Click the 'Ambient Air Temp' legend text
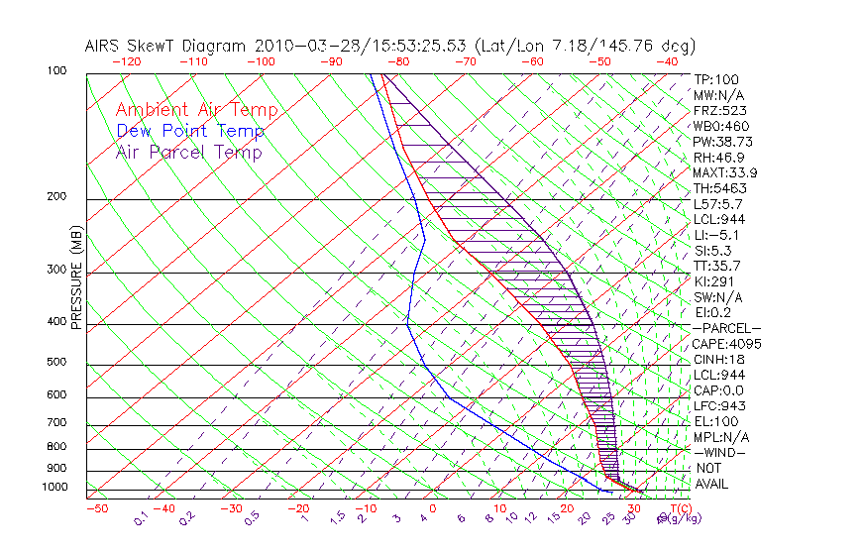196,110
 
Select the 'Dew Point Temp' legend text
190,131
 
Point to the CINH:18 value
719,360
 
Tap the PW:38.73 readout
724,142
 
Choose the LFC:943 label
719,406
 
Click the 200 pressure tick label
57,197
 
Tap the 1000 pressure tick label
54,488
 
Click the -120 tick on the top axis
126,61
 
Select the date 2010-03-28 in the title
300,46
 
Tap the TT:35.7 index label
717,266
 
